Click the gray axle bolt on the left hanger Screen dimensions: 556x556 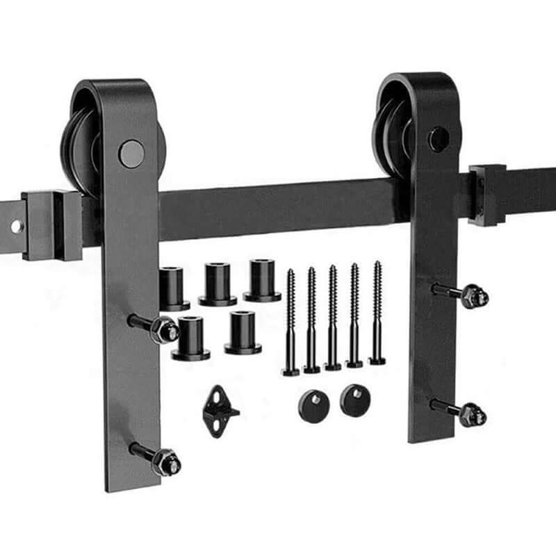pyautogui.click(x=131, y=154)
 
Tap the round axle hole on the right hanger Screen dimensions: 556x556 pyautogui.click(x=438, y=139)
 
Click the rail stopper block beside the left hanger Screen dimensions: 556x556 pyautogui.click(x=51, y=224)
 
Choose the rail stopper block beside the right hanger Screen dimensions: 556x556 pyautogui.click(x=486, y=195)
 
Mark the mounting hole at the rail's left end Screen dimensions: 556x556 pyautogui.click(x=15, y=227)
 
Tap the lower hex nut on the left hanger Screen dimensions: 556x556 pyautogui.click(x=167, y=461)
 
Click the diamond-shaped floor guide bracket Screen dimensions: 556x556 pyautogui.click(x=219, y=411)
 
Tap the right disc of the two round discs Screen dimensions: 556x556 pyautogui.click(x=355, y=400)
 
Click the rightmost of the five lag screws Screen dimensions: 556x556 pyautogui.click(x=377, y=313)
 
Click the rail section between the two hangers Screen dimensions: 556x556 pyautogui.click(x=278, y=208)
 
